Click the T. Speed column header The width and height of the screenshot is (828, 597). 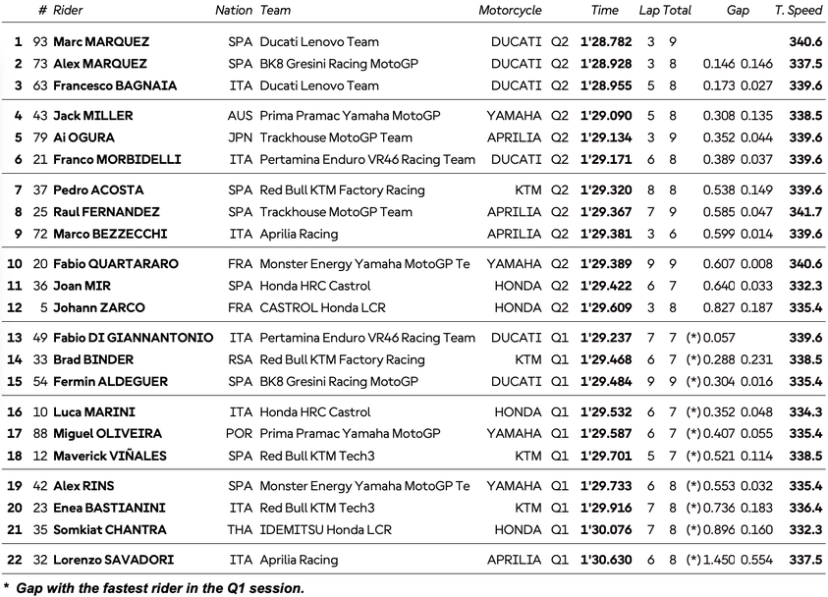[798, 11]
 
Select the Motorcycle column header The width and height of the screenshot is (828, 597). [510, 11]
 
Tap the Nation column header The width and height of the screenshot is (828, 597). [234, 11]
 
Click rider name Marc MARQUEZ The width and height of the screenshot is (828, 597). [101, 42]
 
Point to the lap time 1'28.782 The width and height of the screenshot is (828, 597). [604, 42]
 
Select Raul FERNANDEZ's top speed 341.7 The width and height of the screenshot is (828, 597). [805, 212]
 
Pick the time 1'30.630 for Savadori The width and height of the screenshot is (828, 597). [604, 561]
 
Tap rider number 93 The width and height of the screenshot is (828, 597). [39, 42]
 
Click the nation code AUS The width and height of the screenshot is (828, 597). [240, 116]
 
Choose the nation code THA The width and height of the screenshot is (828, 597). [240, 530]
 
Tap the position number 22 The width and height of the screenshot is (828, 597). [15, 561]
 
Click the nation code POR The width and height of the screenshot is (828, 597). [240, 434]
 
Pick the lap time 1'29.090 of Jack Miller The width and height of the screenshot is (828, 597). [604, 116]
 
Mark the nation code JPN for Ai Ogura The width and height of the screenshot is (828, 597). [240, 137]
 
